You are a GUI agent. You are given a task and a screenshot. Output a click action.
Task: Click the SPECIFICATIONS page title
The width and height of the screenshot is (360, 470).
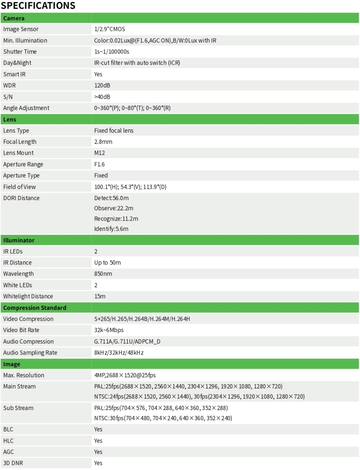click(38, 6)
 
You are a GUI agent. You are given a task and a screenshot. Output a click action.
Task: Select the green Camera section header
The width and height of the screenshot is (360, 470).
click(14, 18)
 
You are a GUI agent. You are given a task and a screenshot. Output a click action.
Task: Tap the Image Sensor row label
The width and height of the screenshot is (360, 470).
click(21, 29)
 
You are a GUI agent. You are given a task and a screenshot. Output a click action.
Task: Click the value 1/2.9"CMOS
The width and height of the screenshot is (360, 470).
click(109, 29)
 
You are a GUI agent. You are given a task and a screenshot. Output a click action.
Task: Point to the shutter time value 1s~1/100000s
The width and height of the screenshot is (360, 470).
click(112, 52)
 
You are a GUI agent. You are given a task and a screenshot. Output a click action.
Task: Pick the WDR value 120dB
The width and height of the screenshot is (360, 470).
click(102, 85)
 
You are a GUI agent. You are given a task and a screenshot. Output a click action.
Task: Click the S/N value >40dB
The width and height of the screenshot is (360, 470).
click(102, 97)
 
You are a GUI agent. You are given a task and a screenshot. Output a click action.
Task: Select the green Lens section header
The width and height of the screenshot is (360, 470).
click(10, 119)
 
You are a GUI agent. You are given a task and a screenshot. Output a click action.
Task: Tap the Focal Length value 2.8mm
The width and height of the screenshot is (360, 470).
click(103, 142)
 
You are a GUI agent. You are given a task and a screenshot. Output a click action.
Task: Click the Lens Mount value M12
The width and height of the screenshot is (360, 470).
click(99, 153)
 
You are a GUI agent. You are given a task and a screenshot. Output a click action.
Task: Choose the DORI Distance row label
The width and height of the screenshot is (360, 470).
click(21, 198)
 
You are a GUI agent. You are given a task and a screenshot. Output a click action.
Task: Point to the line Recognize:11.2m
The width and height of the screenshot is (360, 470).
click(116, 219)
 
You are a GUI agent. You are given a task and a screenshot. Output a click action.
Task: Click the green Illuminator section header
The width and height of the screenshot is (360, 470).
click(19, 240)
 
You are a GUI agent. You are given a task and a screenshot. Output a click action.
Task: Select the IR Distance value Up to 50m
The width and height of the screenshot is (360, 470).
click(107, 263)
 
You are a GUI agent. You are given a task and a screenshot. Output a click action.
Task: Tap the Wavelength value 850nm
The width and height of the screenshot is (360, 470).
click(103, 274)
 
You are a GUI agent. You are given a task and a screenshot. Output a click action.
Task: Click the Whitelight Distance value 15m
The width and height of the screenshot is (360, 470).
click(99, 296)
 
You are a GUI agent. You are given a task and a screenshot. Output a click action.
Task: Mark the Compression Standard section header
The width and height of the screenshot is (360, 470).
click(34, 308)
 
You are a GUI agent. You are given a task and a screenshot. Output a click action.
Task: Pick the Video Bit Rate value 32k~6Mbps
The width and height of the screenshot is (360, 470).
click(109, 330)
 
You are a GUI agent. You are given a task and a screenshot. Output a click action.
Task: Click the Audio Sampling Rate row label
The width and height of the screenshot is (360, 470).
click(30, 353)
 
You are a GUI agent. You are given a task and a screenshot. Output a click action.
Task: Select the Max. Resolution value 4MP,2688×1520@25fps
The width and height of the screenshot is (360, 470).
click(125, 375)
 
